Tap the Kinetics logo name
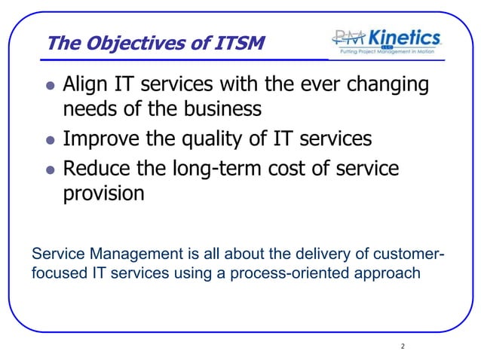[x=403, y=38]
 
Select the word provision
[x=103, y=194]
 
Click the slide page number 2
[x=403, y=346]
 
